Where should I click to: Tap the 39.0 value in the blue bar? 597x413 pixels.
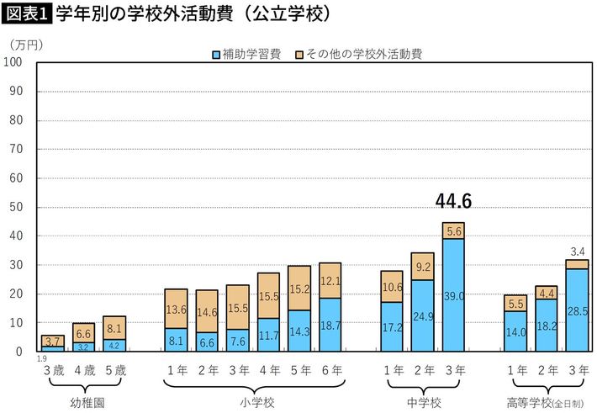[453, 295]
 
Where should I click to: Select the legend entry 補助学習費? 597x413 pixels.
[245, 55]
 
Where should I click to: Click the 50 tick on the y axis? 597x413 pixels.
[16, 207]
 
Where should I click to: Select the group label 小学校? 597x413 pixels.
[253, 401]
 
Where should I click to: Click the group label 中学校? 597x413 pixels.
[422, 401]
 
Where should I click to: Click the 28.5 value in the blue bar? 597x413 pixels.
[577, 311]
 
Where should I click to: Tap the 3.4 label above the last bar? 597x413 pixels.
[577, 251]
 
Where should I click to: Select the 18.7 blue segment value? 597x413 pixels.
[330, 325]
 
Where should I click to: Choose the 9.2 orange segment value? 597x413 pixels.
[422, 267]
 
